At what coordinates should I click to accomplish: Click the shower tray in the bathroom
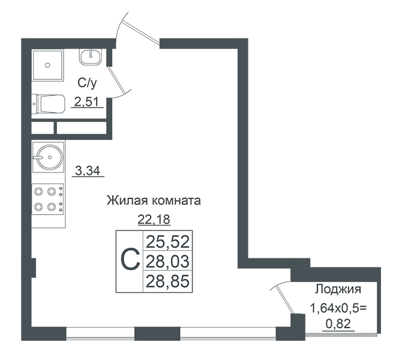click(x=48, y=65)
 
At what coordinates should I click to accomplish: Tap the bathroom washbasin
click(x=91, y=56)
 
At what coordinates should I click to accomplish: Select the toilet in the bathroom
click(x=48, y=104)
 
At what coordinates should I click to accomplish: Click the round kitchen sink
click(x=48, y=157)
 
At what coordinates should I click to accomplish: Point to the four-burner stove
click(x=47, y=199)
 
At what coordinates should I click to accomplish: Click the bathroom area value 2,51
click(x=86, y=102)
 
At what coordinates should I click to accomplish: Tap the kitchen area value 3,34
click(x=88, y=171)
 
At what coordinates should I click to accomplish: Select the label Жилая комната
click(x=154, y=201)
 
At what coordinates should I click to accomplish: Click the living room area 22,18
click(x=154, y=219)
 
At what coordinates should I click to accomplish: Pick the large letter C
click(x=130, y=259)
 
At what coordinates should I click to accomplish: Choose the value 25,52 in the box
click(x=167, y=242)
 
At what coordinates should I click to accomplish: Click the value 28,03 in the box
click(x=167, y=261)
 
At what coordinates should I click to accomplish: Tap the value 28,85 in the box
click(x=167, y=281)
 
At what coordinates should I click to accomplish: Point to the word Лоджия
click(x=338, y=289)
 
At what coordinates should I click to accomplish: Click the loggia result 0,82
click(x=338, y=324)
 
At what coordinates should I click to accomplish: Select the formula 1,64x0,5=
click(x=338, y=308)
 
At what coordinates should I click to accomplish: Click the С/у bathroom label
click(x=87, y=83)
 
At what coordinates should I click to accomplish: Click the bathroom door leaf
click(x=116, y=79)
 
